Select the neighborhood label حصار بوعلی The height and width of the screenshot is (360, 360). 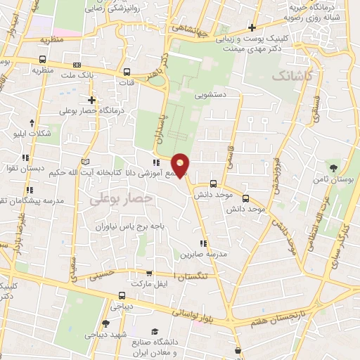click(121, 200)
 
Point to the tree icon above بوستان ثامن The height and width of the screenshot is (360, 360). click(335, 168)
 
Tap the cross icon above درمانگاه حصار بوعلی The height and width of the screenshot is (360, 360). click(91, 100)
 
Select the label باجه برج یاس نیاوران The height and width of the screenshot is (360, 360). click(129, 227)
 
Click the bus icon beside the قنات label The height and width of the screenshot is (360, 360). click(127, 72)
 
